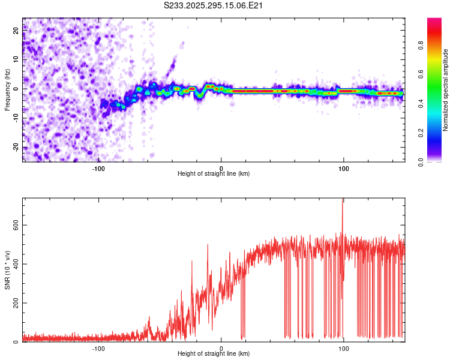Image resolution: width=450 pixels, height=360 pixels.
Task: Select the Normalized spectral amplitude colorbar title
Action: click(x=446, y=90)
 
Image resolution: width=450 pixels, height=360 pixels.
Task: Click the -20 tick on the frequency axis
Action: click(x=17, y=147)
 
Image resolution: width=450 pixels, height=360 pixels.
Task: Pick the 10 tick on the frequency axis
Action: click(x=17, y=60)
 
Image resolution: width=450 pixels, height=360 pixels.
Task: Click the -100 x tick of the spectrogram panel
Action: click(x=98, y=167)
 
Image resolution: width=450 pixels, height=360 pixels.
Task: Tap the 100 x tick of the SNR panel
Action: click(x=344, y=348)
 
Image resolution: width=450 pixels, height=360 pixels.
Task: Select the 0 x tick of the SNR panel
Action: click(x=221, y=348)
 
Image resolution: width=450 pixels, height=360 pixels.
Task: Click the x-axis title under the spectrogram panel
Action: click(x=214, y=174)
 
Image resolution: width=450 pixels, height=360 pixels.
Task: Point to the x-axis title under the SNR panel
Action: click(x=214, y=355)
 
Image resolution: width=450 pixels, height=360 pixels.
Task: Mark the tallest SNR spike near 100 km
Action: click(x=343, y=200)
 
